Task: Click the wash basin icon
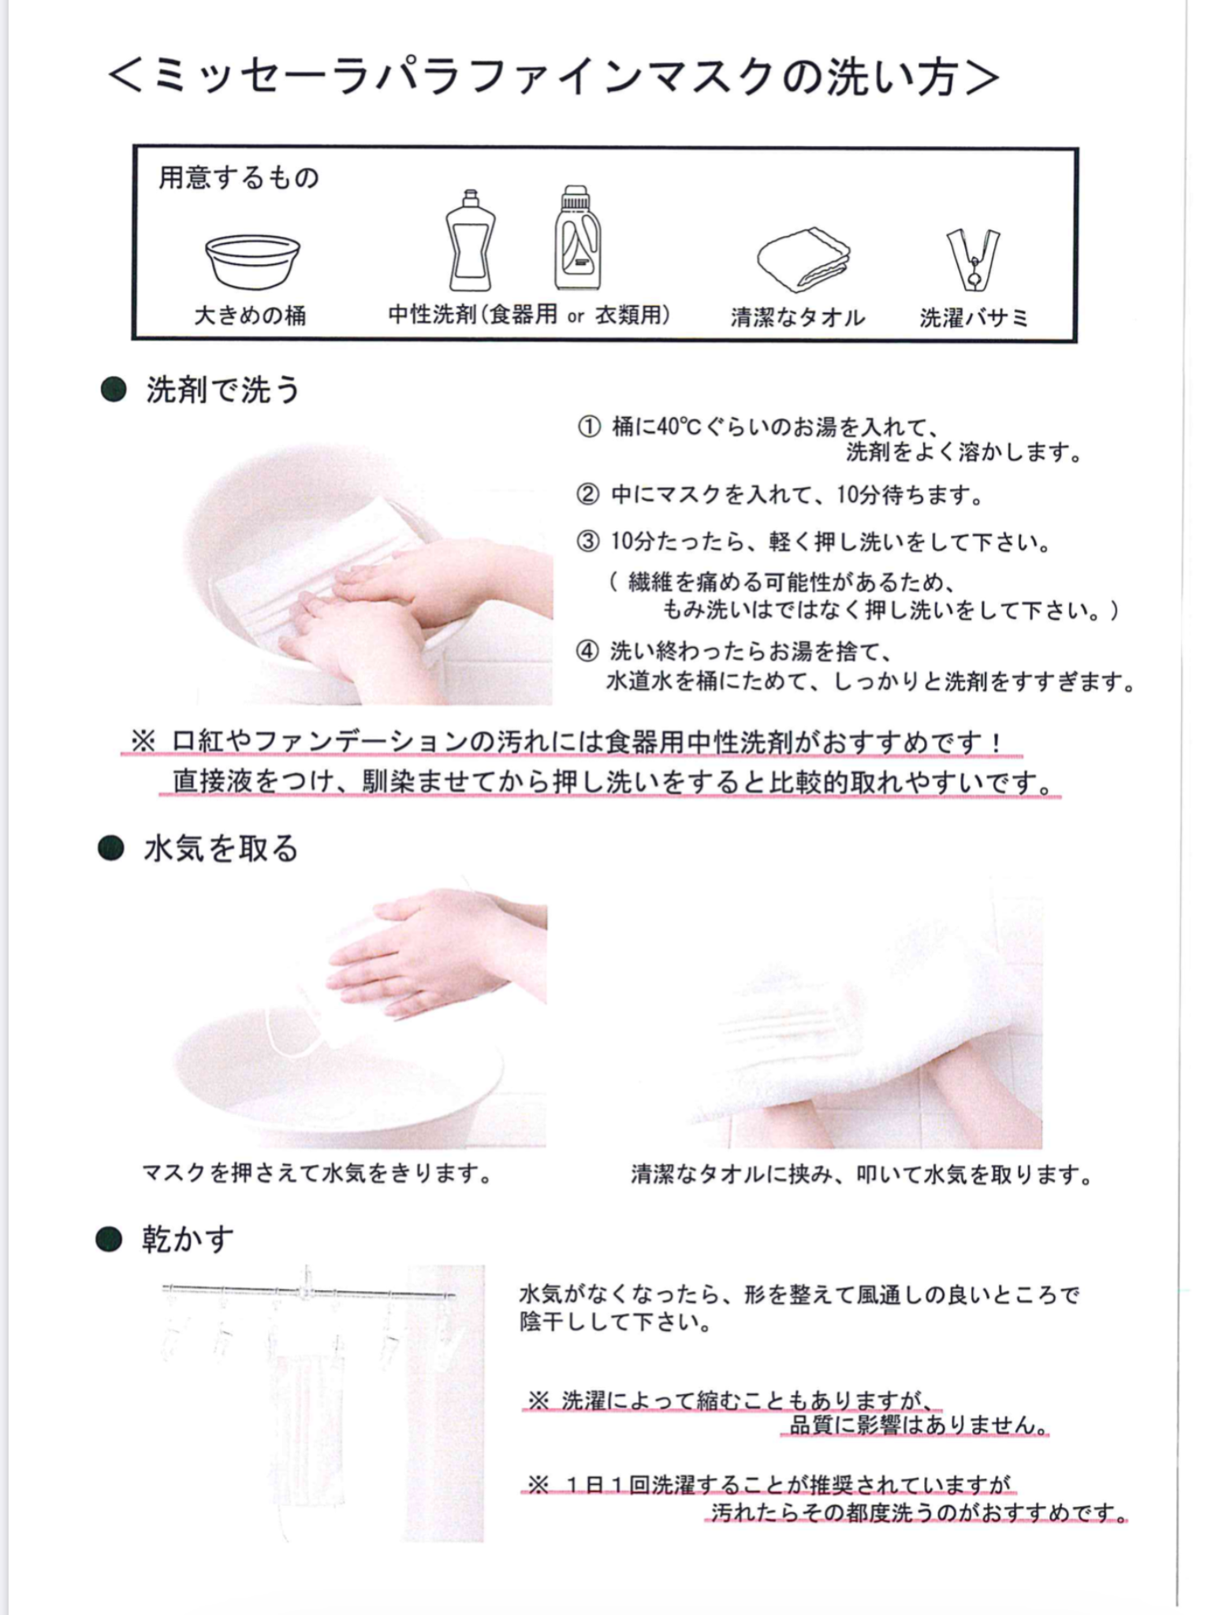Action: click(252, 261)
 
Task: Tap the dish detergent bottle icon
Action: click(470, 241)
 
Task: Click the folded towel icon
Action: click(805, 258)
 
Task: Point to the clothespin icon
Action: click(973, 259)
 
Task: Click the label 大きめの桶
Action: click(251, 316)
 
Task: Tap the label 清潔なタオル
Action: click(798, 318)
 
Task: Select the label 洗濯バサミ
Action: click(974, 318)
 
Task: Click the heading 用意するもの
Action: click(239, 178)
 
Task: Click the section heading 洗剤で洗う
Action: click(222, 390)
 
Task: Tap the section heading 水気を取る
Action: click(221, 849)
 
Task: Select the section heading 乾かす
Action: click(188, 1239)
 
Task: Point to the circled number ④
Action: click(587, 651)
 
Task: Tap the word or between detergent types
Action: click(576, 317)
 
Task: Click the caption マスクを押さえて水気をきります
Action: click(317, 1173)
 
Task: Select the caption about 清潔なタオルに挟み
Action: click(861, 1175)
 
